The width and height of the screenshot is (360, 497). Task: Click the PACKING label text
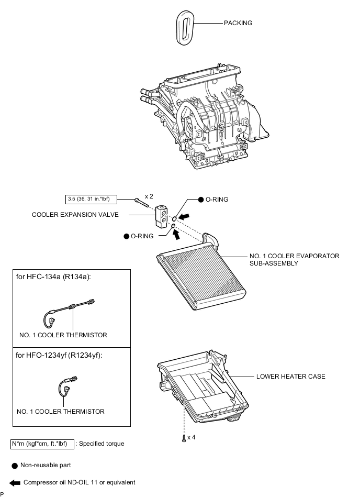click(238, 23)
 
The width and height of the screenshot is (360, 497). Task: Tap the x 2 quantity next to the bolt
click(149, 196)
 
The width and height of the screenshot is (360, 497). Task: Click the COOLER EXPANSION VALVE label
click(75, 215)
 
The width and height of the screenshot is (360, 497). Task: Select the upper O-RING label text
click(217, 200)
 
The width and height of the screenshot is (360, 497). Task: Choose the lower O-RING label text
click(142, 236)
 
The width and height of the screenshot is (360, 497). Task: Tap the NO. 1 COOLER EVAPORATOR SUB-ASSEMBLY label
click(295, 260)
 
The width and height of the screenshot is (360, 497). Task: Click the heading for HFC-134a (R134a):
click(53, 277)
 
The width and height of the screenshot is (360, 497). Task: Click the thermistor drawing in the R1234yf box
click(68, 386)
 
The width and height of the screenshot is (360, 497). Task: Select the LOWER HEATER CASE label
click(290, 377)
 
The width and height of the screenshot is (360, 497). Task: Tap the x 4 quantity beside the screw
click(191, 437)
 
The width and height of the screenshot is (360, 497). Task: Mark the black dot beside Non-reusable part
click(15, 465)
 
